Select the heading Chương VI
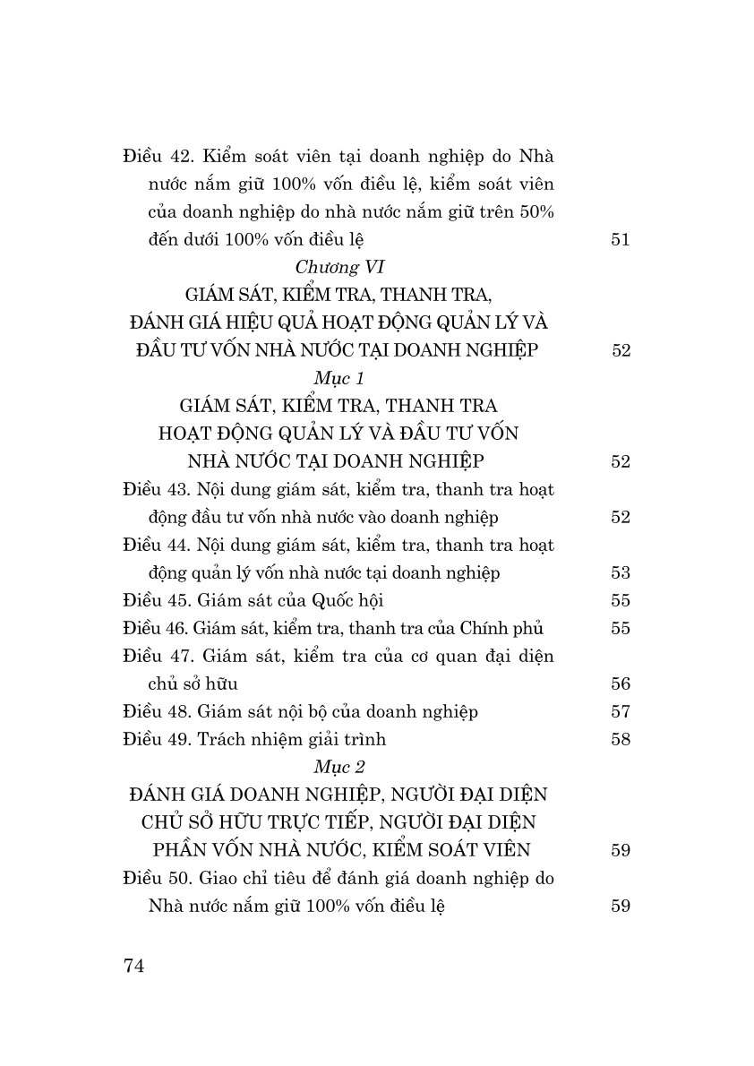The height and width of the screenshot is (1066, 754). [x=338, y=267]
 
